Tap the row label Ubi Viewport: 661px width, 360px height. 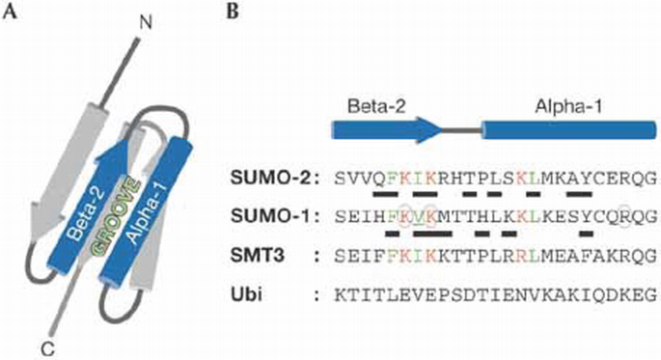tap(256, 293)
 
